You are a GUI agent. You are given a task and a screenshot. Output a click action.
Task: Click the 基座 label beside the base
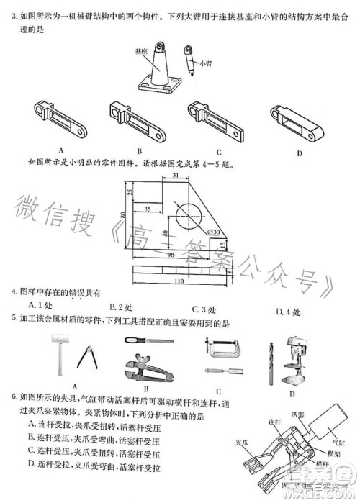coord(141,52)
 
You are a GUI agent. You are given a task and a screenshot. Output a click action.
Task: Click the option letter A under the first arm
coord(62,150)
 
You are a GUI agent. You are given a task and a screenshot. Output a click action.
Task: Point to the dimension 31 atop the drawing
coord(175,176)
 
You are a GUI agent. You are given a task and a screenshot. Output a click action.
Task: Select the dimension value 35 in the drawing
coord(147,209)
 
